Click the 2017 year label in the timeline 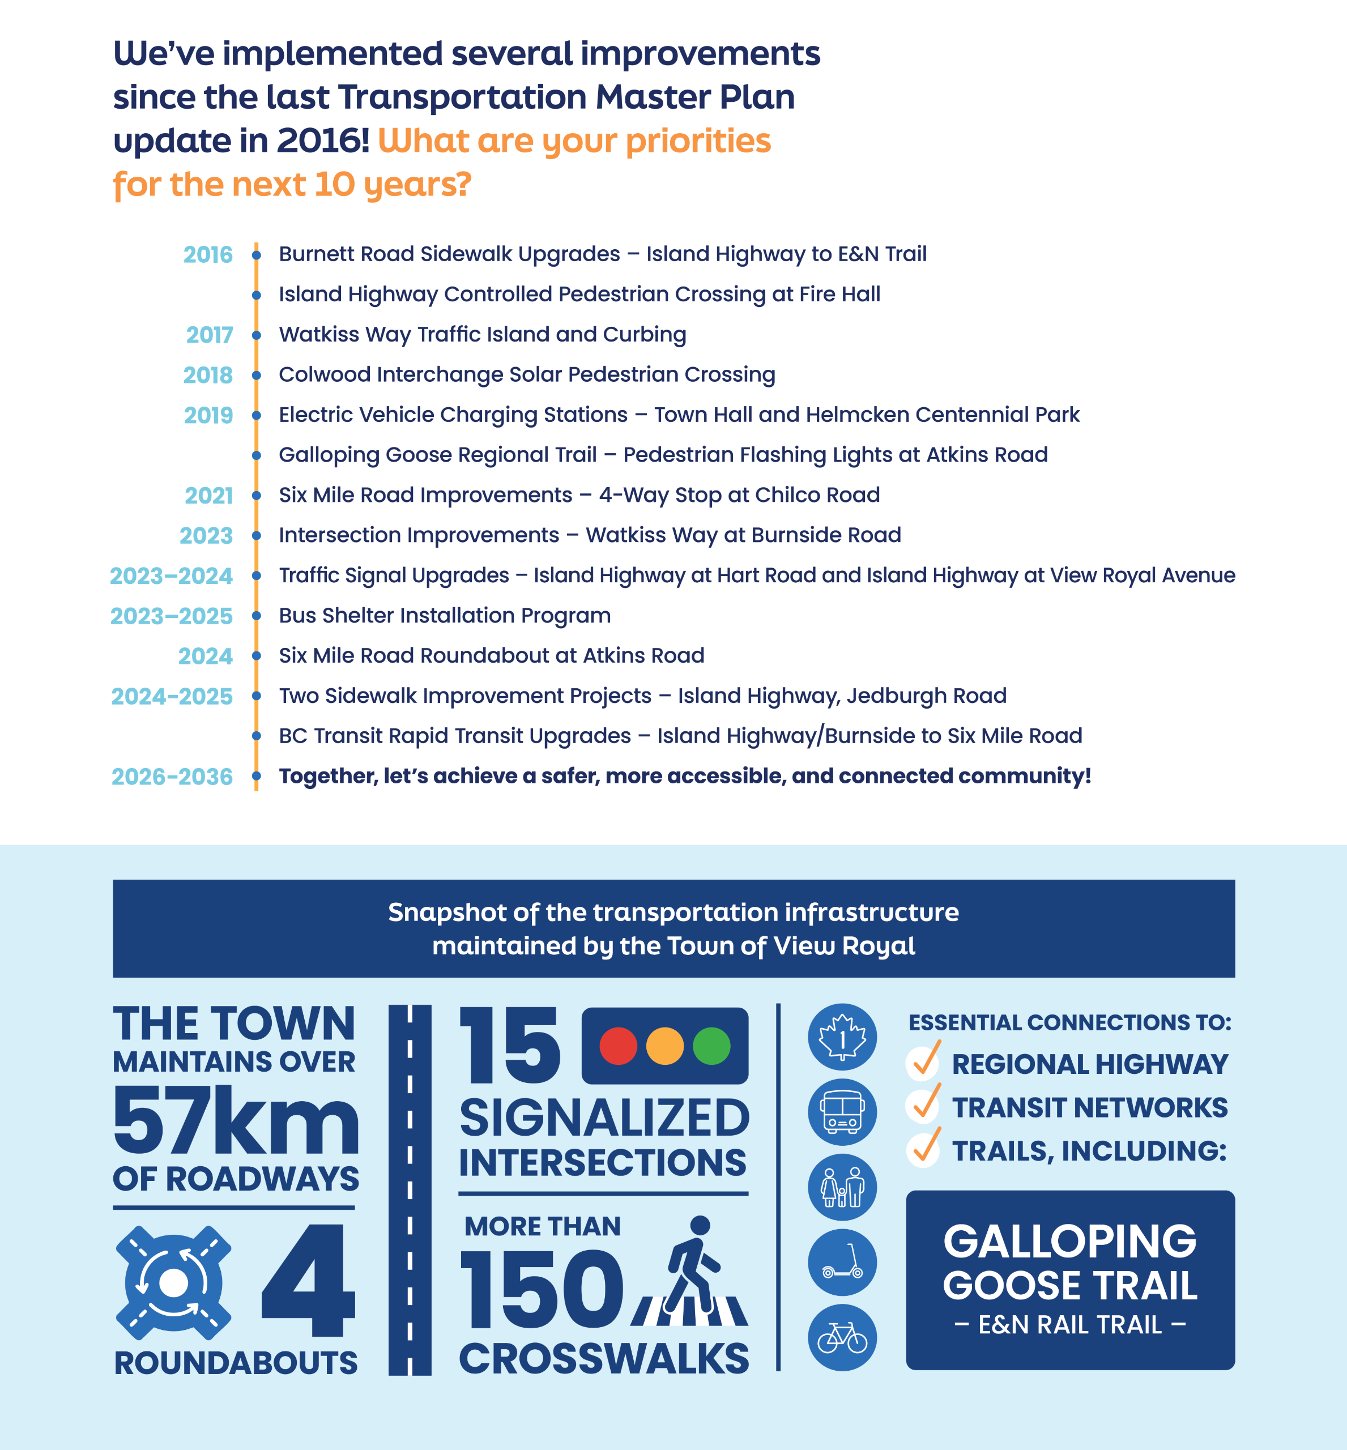click(x=209, y=335)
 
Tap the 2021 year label click(x=208, y=496)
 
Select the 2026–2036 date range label click(x=172, y=777)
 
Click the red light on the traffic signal click(x=618, y=1046)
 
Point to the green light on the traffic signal click(x=711, y=1046)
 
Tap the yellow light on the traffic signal click(x=665, y=1046)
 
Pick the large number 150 click(x=542, y=1290)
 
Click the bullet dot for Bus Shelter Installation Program click(x=257, y=616)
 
